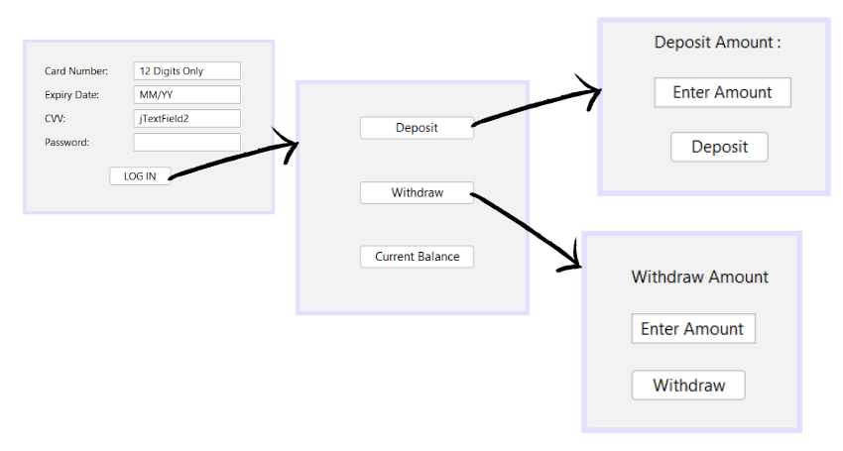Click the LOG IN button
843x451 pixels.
tap(140, 176)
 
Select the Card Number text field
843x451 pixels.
tap(187, 71)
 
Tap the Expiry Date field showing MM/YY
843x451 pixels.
tap(187, 95)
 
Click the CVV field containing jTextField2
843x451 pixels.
tap(187, 119)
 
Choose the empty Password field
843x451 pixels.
tap(187, 143)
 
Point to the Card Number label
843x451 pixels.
tap(76, 71)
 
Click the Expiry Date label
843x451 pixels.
tap(72, 95)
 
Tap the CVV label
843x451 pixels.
tap(56, 119)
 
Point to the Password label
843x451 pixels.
tap(67, 143)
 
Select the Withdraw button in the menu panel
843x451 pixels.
tap(417, 193)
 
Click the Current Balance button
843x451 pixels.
tap(417, 257)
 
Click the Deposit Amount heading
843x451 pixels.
tap(718, 43)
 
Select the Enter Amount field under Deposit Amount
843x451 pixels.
tap(722, 92)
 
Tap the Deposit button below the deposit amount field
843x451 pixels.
tap(719, 147)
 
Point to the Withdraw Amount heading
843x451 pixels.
tap(700, 278)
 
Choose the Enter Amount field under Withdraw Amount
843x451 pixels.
tap(693, 329)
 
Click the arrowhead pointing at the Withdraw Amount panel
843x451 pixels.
tap(574, 262)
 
